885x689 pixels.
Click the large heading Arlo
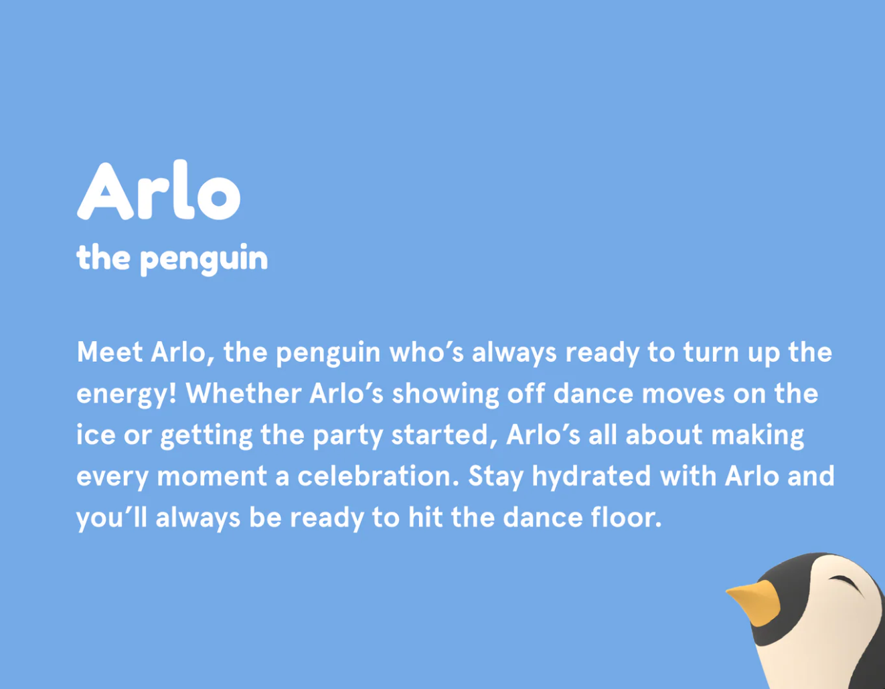(159, 190)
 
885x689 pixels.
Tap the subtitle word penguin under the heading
(204, 260)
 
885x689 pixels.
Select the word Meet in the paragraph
(110, 352)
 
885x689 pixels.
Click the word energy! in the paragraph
(127, 395)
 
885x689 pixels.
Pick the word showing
(446, 395)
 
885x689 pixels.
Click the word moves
(683, 395)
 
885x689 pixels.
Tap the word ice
(96, 435)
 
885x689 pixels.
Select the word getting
(206, 437)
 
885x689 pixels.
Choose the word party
(348, 437)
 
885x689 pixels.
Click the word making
(758, 436)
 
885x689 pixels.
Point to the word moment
(212, 476)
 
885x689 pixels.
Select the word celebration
(378, 476)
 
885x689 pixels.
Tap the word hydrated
(591, 477)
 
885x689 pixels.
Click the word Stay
(495, 478)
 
